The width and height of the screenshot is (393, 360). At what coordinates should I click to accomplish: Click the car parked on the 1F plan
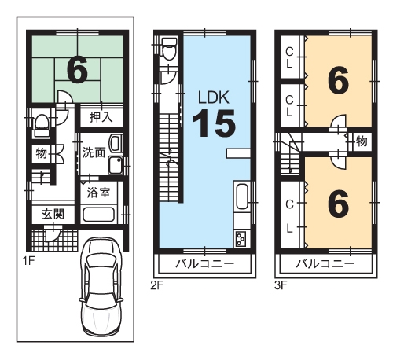[101, 288]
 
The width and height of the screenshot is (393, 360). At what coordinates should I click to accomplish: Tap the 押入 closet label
[101, 117]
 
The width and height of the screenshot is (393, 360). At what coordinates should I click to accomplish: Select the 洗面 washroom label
[94, 152]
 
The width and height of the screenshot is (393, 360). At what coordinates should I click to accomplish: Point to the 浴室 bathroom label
[98, 193]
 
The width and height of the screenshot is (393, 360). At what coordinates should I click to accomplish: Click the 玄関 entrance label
[53, 214]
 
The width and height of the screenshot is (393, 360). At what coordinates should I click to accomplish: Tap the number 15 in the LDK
[214, 123]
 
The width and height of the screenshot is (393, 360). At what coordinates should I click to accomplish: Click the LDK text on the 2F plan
[214, 97]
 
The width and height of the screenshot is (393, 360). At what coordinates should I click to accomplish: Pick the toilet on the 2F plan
[169, 49]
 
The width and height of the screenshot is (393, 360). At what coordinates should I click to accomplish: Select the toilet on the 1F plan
[42, 125]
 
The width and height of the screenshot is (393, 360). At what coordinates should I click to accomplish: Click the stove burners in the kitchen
[241, 239]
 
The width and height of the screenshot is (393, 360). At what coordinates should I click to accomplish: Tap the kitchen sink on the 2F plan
[242, 196]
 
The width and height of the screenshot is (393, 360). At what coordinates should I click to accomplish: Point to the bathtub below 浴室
[98, 215]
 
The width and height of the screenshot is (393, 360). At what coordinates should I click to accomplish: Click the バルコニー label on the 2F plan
[204, 264]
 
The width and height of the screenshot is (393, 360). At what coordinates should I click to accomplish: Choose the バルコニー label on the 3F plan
[325, 264]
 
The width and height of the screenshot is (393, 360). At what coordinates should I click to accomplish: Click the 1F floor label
[28, 261]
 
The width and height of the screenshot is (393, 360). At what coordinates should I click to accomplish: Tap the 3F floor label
[281, 285]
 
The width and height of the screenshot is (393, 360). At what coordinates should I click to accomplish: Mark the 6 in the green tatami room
[77, 70]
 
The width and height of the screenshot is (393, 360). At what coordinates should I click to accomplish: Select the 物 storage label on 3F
[362, 141]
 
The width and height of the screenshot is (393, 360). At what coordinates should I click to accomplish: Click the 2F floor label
[157, 285]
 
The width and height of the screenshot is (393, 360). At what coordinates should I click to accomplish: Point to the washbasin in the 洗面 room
[116, 144]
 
